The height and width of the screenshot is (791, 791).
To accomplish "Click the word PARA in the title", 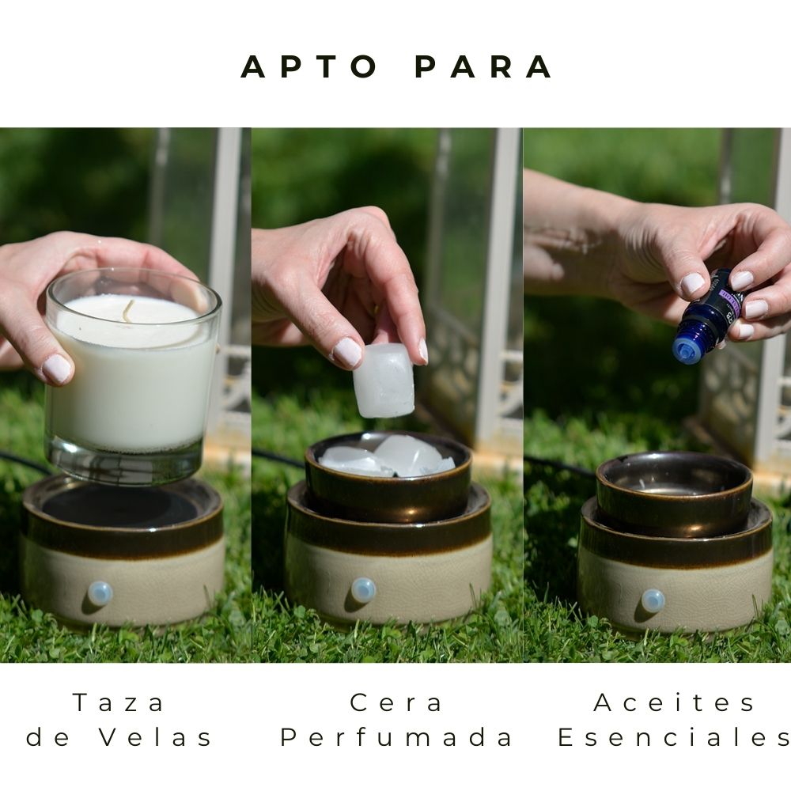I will [483, 67].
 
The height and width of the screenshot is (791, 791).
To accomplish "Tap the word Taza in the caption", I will [119, 702].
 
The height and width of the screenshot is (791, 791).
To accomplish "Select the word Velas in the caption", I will [156, 737].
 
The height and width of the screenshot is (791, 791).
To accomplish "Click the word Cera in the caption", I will [397, 702].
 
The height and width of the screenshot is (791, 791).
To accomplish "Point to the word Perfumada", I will [397, 737].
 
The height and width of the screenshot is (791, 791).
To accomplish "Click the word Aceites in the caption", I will [675, 702].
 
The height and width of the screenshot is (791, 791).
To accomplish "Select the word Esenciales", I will [675, 737].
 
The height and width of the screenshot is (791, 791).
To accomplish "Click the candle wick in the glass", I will [127, 310].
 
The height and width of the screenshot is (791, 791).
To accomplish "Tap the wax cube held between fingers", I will [384, 380].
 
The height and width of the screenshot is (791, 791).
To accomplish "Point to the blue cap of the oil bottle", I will [687, 349].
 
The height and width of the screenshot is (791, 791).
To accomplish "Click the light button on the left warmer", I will [100, 593].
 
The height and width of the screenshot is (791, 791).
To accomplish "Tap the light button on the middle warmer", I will [363, 589].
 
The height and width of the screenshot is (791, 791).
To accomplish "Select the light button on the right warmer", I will [653, 600].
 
